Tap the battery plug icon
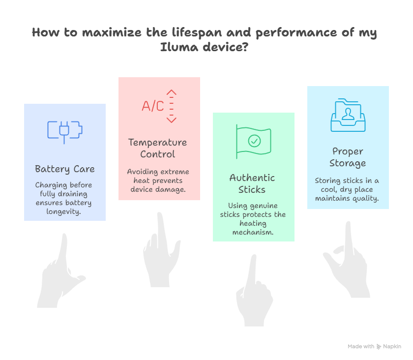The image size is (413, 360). coord(64,130)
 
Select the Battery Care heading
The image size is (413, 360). coord(64,169)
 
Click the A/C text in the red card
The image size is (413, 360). coord(153,106)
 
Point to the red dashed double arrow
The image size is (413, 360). coord(171,106)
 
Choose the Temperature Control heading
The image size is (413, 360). coord(157,148)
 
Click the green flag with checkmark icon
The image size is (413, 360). coord(253,142)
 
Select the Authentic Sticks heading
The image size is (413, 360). coord(252,183)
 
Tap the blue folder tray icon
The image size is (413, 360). coord(348,116)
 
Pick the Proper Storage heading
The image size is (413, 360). coord(348,157)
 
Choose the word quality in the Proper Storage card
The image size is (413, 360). coord(365,198)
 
